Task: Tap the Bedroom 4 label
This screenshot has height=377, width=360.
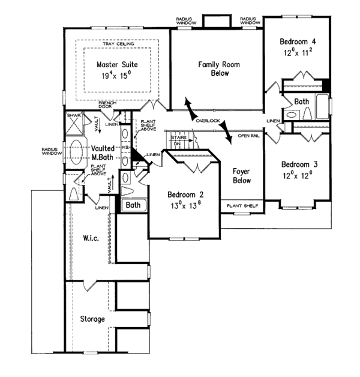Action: pyautogui.click(x=298, y=41)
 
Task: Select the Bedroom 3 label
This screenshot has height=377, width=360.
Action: pyautogui.click(x=298, y=164)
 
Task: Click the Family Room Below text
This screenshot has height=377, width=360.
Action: pyautogui.click(x=217, y=68)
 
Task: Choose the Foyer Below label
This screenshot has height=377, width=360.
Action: pyautogui.click(x=241, y=175)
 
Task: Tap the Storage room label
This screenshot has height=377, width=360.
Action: pyautogui.click(x=92, y=319)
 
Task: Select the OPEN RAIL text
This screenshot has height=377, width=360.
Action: pyautogui.click(x=248, y=136)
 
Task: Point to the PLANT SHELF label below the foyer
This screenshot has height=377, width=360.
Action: pyautogui.click(x=242, y=206)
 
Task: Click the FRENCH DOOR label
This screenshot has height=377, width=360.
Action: pyautogui.click(x=107, y=106)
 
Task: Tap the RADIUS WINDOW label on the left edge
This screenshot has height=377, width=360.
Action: pyautogui.click(x=49, y=152)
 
